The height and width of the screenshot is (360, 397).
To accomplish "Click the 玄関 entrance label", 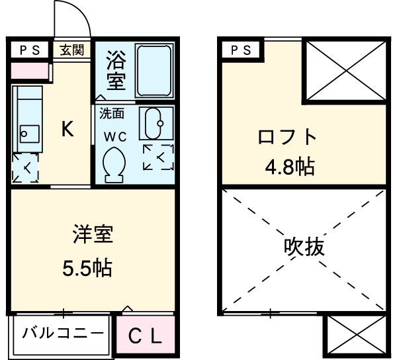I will pos(72,50).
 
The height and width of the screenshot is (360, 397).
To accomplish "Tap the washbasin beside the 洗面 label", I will pos(157,124).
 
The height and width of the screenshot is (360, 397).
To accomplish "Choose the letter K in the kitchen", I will pos(67,130).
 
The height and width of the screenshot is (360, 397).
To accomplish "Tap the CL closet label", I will pos(144,337).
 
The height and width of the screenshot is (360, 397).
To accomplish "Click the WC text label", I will pos(115,137).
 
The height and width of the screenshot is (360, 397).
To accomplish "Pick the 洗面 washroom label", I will pos(112,113).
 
